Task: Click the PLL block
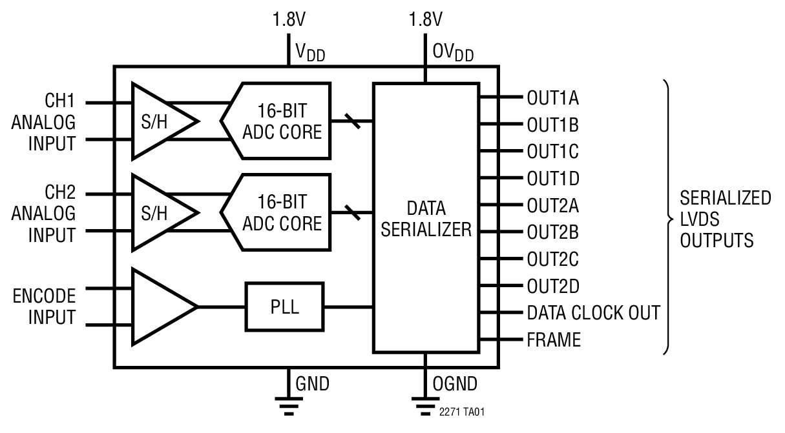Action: tap(284, 307)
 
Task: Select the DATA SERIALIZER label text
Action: tap(426, 219)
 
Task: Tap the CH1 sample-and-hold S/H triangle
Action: tap(158, 121)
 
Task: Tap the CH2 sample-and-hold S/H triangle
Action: tap(158, 212)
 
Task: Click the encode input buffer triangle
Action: tap(162, 307)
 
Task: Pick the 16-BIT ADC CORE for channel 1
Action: tap(278, 121)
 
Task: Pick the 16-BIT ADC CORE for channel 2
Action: tap(278, 212)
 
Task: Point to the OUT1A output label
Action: tap(552, 99)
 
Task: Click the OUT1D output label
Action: tap(553, 178)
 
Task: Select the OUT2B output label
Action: tap(552, 232)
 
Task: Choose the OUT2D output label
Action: tap(553, 285)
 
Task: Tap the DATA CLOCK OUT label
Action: tap(593, 313)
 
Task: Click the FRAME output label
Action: tap(554, 339)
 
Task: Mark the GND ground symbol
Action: tap(288, 403)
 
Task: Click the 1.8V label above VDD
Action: tap(288, 20)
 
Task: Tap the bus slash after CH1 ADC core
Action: tap(353, 121)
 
